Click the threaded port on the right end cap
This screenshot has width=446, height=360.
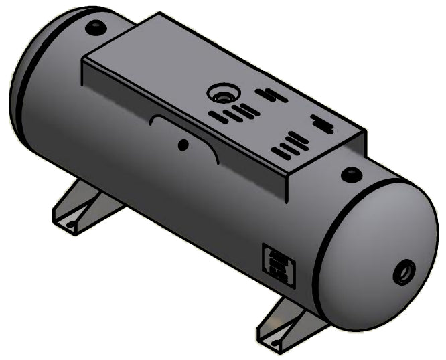point(404,272)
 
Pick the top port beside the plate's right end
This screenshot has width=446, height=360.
point(350,175)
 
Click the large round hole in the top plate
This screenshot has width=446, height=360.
point(220,94)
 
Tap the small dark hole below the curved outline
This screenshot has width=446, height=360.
point(183,144)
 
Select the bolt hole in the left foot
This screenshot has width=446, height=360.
point(70,224)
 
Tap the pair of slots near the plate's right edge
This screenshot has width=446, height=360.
point(321,124)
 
